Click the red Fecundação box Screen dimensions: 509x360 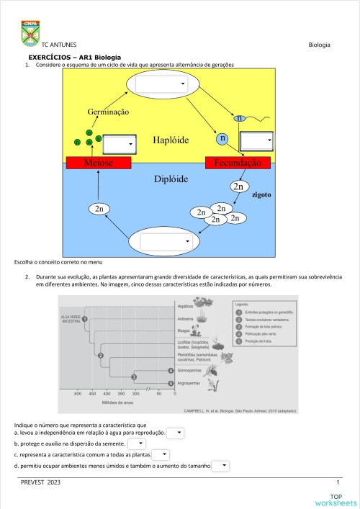point(237,163)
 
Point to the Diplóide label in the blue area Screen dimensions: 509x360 point(171,179)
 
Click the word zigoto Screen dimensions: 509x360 point(261,194)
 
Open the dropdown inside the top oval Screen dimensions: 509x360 point(161,84)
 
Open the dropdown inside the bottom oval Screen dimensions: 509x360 point(163,242)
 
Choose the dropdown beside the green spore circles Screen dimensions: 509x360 point(119,144)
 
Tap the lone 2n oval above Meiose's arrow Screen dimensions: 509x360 point(101,209)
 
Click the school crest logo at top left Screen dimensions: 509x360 point(31,32)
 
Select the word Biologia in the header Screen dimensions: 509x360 point(319,45)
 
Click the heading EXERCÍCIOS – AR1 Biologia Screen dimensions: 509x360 point(74,57)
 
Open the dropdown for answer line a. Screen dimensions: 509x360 point(176,433)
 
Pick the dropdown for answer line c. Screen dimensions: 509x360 point(161,455)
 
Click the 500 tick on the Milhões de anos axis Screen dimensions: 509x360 point(78,394)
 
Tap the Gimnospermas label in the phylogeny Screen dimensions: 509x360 point(192,370)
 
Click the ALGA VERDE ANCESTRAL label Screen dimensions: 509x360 point(70,319)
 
